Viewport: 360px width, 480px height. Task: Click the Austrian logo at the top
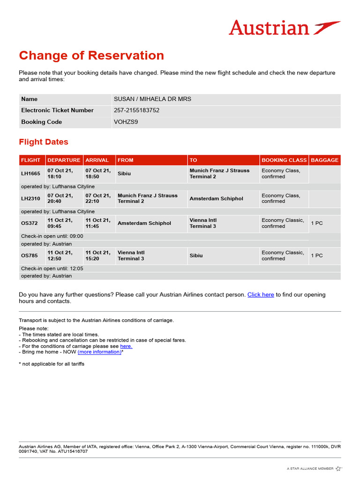[x=285, y=28]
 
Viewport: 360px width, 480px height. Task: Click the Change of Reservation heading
[x=91, y=55]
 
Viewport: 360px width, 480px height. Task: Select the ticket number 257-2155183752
[x=136, y=111]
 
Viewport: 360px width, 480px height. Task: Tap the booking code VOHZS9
[x=126, y=122]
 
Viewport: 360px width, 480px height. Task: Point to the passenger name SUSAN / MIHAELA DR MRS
[x=152, y=99]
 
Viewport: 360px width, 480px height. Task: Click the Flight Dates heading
[x=44, y=142]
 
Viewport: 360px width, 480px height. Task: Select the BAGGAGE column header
[x=324, y=160]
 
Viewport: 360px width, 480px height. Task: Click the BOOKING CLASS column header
[x=284, y=160]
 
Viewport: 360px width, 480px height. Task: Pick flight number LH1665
[x=30, y=174]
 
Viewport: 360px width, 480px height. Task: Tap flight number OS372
[x=29, y=224]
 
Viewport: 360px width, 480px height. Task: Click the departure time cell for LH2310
[x=60, y=199]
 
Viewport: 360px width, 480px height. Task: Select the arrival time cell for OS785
[x=98, y=255]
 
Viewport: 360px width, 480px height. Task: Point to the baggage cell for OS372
[x=317, y=224]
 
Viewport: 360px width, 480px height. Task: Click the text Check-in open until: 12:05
[x=52, y=269]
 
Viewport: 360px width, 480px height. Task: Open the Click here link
[x=261, y=295]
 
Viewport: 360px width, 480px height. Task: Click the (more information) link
[x=99, y=352]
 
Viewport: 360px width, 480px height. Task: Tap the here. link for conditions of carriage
[x=126, y=346]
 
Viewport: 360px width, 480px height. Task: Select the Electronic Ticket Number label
[x=57, y=111]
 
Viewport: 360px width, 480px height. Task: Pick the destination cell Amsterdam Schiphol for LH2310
[x=216, y=199]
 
